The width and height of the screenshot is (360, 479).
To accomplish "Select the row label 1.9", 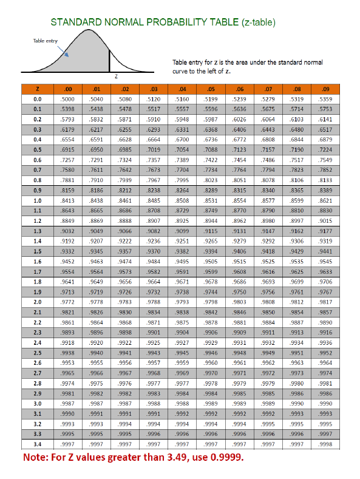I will tap(38, 291).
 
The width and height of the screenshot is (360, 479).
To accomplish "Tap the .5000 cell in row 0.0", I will tap(68, 98).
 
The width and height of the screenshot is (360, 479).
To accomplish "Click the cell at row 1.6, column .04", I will tap(182, 262).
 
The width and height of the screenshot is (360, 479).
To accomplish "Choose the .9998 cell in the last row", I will tap(326, 444).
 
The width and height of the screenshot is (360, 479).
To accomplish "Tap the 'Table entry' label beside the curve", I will tap(45, 41).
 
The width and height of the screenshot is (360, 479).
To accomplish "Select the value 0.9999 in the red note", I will tap(225, 457).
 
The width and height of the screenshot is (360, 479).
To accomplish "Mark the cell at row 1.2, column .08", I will tap(297, 220).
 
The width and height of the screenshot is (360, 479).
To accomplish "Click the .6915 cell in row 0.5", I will tap(68, 149).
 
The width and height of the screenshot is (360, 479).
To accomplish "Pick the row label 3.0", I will tap(38, 403).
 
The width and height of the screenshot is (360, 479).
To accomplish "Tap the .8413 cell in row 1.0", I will tap(68, 200).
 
